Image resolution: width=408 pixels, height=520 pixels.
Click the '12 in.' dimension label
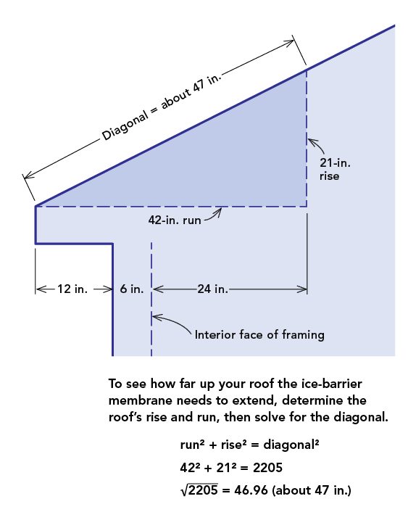[x=72, y=289]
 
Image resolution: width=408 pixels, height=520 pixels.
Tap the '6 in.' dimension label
[x=132, y=289]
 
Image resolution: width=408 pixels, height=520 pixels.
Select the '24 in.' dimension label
[x=213, y=289]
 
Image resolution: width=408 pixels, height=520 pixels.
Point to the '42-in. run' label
[x=175, y=220]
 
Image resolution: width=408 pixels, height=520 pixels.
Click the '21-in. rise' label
[x=335, y=169]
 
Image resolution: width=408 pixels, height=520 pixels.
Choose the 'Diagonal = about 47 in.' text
[x=162, y=107]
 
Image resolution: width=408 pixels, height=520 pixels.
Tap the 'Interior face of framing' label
[x=259, y=334]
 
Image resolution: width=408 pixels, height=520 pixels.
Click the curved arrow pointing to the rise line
[x=317, y=144]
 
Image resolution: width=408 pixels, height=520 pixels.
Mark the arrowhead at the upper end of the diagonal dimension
[x=290, y=42]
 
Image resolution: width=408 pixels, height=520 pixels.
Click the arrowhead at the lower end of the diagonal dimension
[x=28, y=174]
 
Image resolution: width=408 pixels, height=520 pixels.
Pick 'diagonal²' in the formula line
[x=291, y=445]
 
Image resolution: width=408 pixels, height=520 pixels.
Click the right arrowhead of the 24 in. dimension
[x=302, y=289]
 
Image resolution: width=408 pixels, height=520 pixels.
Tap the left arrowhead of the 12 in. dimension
[x=41, y=289]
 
